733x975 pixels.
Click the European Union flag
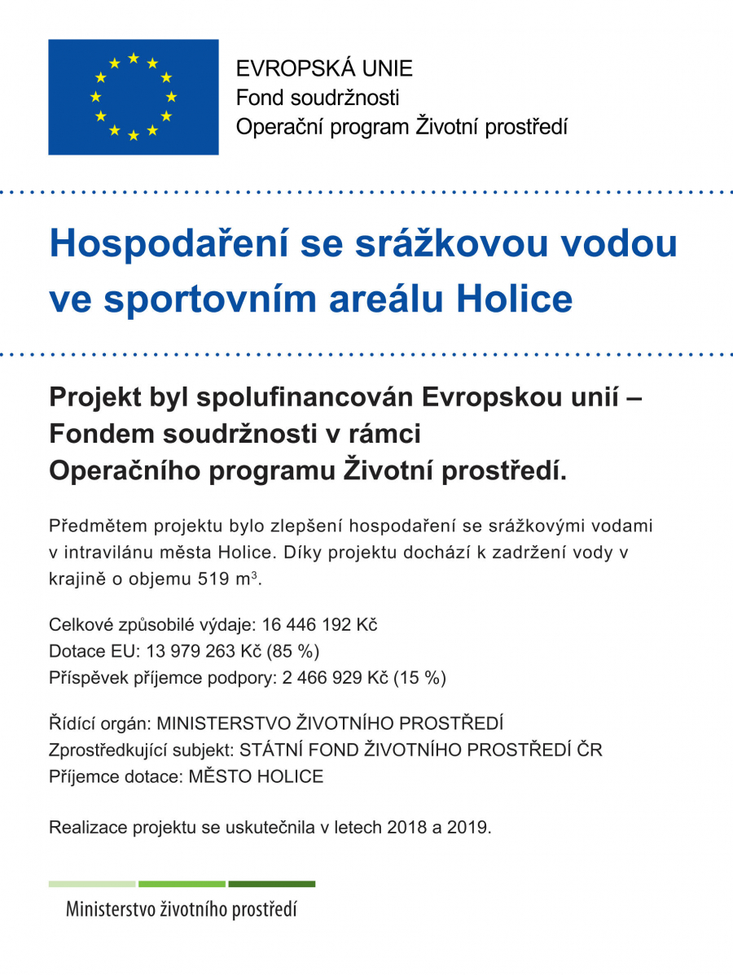tap(134, 97)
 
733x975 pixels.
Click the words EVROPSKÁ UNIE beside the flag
tap(324, 69)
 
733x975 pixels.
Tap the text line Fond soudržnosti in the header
tap(318, 98)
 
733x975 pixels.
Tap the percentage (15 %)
tap(419, 677)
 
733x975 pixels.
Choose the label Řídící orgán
tap(100, 724)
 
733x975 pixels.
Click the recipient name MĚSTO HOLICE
tap(256, 776)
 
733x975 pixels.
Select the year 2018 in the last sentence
tap(408, 828)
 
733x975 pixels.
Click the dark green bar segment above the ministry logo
tap(271, 884)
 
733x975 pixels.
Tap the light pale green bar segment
tap(92, 884)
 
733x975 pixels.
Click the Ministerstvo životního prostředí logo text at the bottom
tap(181, 909)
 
